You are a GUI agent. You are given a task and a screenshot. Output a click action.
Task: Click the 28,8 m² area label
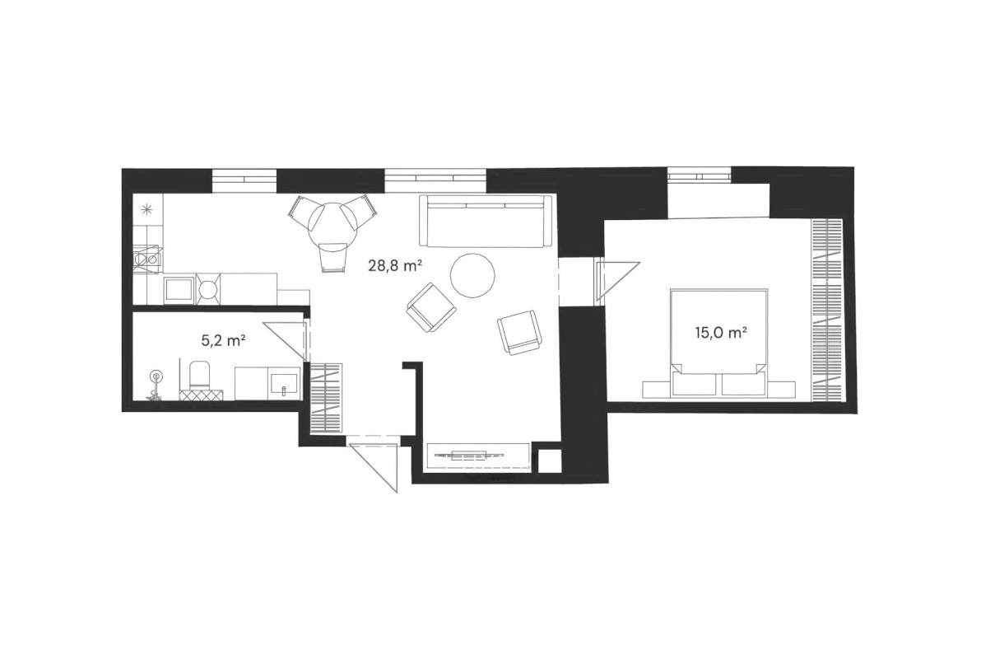(394, 266)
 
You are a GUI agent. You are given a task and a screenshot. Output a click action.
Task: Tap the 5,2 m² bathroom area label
(222, 341)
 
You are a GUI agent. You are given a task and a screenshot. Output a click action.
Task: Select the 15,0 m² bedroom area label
(721, 333)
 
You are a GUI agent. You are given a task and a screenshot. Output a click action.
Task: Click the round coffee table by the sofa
(473, 276)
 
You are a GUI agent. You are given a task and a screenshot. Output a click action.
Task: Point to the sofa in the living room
(486, 221)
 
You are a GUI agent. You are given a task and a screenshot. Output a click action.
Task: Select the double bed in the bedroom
(718, 342)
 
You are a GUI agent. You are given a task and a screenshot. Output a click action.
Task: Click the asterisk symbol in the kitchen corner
(147, 209)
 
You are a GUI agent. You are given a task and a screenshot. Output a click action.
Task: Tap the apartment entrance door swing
(374, 467)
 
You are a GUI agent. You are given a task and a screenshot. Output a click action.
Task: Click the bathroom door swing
(285, 341)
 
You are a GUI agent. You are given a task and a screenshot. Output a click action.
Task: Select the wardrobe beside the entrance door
(327, 399)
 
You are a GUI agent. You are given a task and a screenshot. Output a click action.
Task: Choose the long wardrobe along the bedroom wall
(827, 310)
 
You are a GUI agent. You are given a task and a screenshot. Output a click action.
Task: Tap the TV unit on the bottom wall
(477, 456)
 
